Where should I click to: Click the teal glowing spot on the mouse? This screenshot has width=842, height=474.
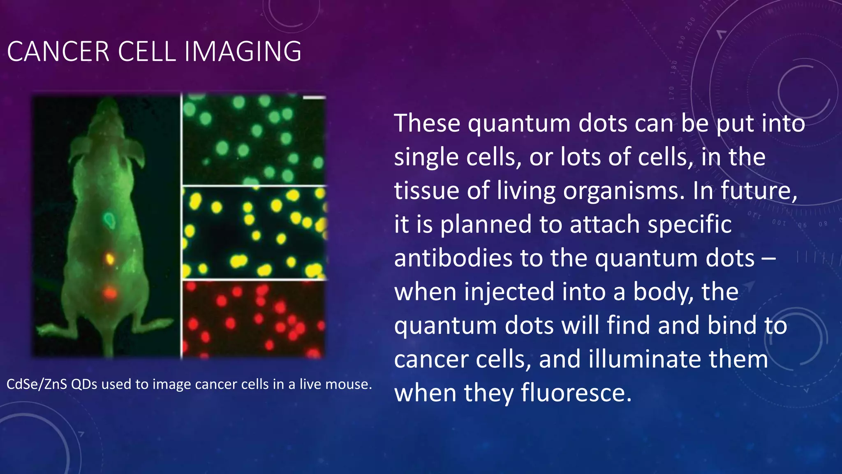109,221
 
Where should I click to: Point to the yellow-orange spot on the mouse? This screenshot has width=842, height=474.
110,259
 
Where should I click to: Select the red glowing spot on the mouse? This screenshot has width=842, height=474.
110,293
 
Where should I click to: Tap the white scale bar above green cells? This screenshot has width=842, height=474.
314,98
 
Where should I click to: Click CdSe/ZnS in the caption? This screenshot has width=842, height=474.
36,384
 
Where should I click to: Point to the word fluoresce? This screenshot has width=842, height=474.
576,393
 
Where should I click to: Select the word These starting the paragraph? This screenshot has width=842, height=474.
427,123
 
